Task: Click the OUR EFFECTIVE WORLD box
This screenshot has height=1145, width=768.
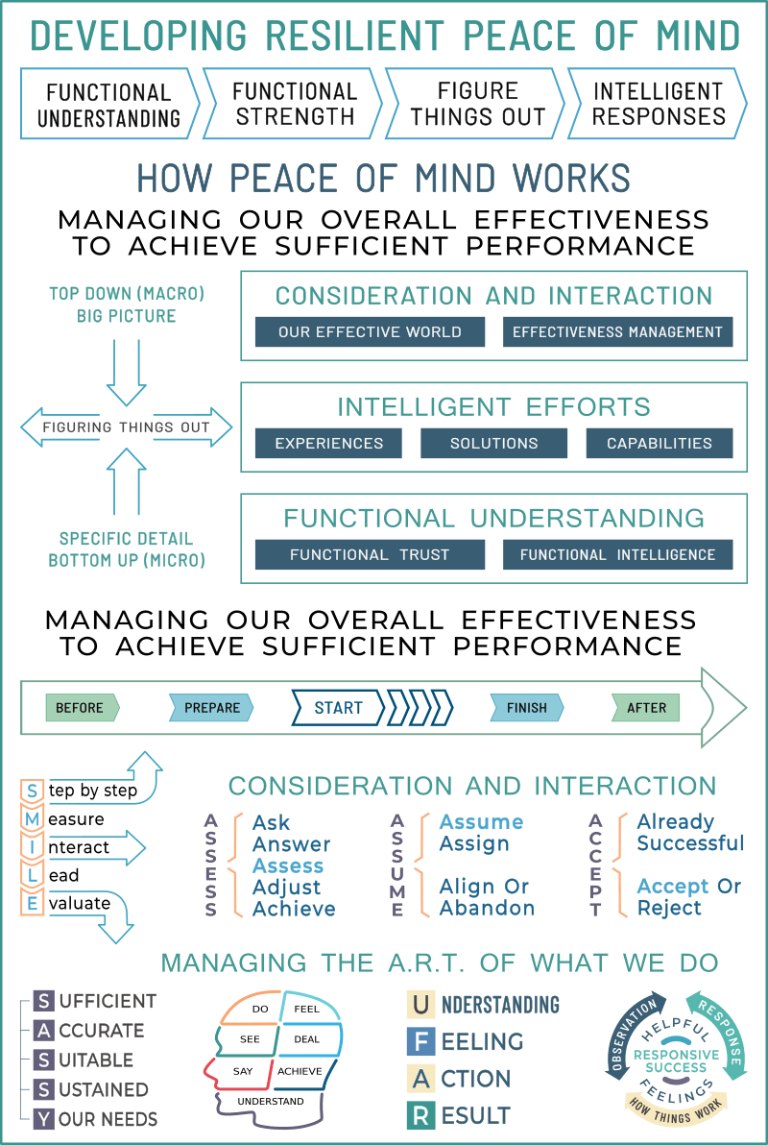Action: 370,331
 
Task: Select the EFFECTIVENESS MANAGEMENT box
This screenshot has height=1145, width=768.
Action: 617,331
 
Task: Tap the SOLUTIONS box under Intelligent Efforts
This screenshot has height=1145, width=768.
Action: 493,443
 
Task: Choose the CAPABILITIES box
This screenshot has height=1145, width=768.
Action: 660,443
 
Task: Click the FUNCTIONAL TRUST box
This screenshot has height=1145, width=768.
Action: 370,554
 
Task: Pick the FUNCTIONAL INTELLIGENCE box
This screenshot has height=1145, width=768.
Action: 617,554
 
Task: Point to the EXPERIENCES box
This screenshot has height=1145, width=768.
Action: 328,443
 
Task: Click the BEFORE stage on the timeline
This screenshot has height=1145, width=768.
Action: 82,708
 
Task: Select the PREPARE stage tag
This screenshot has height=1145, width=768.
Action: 212,708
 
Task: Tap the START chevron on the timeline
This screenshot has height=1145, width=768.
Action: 338,708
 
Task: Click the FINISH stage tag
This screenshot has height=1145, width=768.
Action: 527,708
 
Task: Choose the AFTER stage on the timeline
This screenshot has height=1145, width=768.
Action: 645,708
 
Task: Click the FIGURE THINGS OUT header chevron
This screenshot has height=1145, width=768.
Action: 476,103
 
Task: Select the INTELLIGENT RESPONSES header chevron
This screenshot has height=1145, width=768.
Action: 658,103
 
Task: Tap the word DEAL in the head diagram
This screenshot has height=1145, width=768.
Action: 306,1039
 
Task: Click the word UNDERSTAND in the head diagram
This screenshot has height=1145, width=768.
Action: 271,1101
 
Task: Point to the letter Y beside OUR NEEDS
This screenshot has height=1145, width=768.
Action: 44,1119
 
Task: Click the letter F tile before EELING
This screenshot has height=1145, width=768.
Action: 420,1041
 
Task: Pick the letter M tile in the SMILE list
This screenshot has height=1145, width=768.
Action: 32,819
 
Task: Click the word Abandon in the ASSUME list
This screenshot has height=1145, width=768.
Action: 487,908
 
